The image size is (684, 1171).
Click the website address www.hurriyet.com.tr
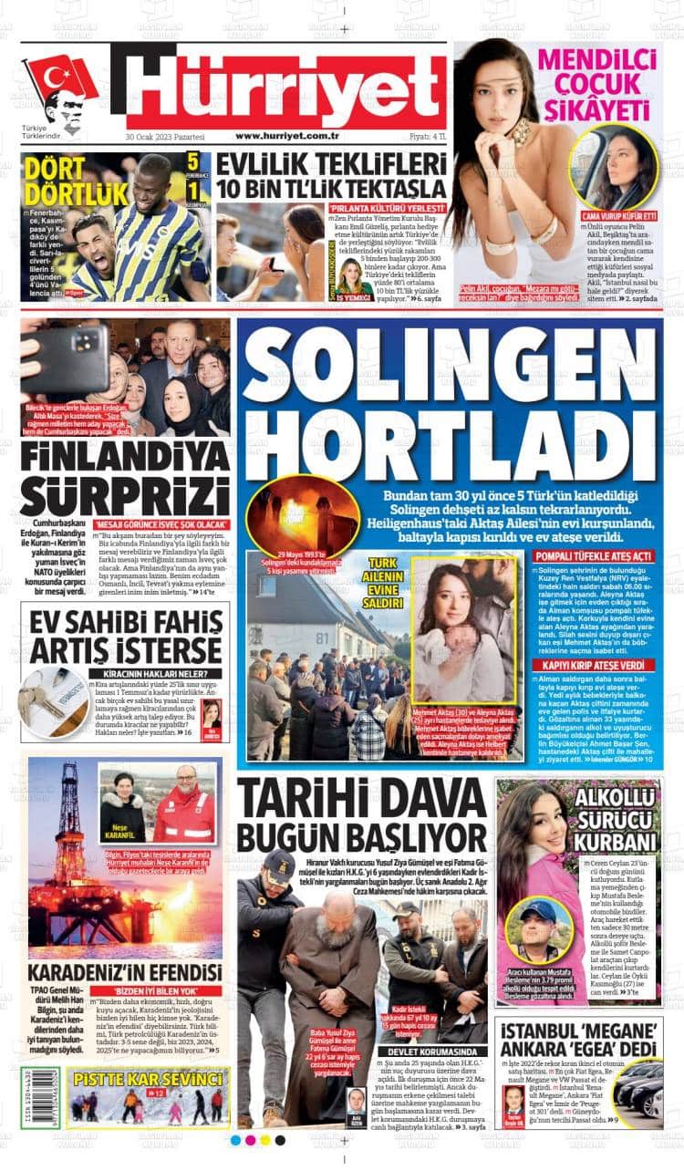[287, 136]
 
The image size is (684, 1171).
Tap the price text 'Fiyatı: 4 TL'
[427, 136]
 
